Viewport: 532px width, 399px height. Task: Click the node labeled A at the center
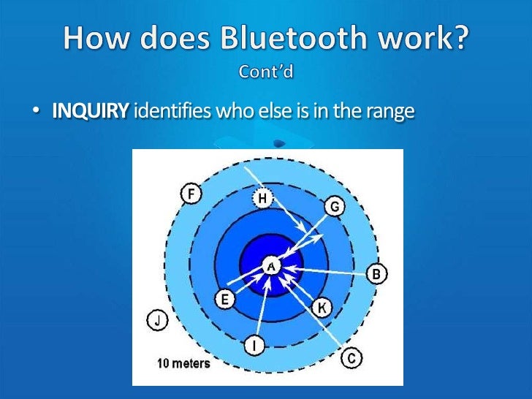[x=270, y=267]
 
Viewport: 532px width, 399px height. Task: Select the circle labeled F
[x=191, y=195]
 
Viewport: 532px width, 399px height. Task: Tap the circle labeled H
[x=262, y=197]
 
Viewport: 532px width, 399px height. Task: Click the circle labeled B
[x=377, y=274]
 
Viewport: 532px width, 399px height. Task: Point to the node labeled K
[x=322, y=308]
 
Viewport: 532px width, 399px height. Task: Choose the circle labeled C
[x=351, y=357]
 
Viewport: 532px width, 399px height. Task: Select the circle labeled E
[x=224, y=299]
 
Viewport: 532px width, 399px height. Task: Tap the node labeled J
[x=157, y=319]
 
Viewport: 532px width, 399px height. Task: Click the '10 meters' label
[x=183, y=363]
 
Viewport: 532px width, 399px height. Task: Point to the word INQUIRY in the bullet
[x=91, y=112]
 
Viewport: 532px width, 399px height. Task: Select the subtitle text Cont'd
[x=266, y=72]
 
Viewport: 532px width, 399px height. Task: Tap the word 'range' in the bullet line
[x=390, y=112]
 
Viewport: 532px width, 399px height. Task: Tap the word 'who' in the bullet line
[x=230, y=112]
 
